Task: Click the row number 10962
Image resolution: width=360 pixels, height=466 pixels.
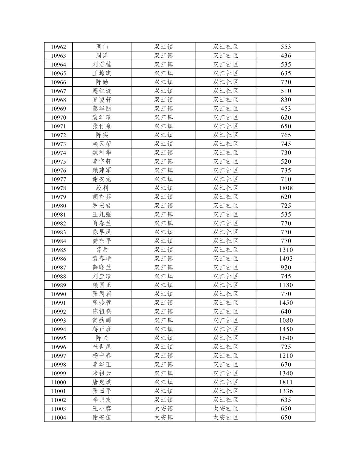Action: [x=58, y=47]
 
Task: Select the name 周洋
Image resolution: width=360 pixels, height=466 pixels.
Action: [x=102, y=56]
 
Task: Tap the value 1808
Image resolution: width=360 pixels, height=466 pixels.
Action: [x=286, y=188]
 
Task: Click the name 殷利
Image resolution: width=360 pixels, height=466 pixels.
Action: [x=102, y=188]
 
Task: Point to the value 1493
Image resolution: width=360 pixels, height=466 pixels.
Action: [x=286, y=259]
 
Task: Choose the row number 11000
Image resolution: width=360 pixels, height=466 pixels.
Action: [x=58, y=382]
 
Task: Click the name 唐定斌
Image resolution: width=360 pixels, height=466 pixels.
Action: [x=102, y=382]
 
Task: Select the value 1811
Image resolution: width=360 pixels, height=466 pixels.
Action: [x=286, y=382]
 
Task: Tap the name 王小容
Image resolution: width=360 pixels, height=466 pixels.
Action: [x=102, y=409]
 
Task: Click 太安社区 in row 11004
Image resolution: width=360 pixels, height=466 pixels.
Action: [x=225, y=417]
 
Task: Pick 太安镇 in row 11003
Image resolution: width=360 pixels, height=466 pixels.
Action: [x=163, y=409]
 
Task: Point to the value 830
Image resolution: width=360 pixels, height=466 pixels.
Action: [x=286, y=100]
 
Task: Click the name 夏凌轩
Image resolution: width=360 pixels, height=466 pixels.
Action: [x=102, y=100]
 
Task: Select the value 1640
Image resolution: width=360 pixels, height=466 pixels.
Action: [x=286, y=338]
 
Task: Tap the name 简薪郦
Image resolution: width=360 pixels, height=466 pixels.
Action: [x=102, y=321]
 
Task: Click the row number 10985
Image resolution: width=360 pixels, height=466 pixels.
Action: [x=58, y=250]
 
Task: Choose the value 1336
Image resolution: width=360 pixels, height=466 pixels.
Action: [x=286, y=391]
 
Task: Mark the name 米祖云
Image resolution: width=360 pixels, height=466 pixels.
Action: [x=102, y=373]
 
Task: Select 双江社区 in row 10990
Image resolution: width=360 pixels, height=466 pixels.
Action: [x=225, y=294]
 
